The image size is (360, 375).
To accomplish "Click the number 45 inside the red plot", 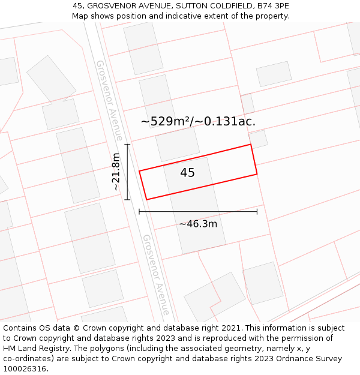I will coord(187,173).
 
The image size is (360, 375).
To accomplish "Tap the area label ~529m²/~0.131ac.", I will coord(198,121).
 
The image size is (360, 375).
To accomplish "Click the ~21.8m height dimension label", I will coord(116,172).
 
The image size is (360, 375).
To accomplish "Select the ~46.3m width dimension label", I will coord(198,224).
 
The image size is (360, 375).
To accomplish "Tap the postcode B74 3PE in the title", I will coord(272,6).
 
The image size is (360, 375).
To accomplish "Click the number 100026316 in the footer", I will coord(24,368).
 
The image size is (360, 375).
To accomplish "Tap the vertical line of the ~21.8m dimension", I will coord(127,172).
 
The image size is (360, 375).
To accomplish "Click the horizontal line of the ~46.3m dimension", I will coord(198,211).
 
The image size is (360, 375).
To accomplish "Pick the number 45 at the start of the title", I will coord(77,6).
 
